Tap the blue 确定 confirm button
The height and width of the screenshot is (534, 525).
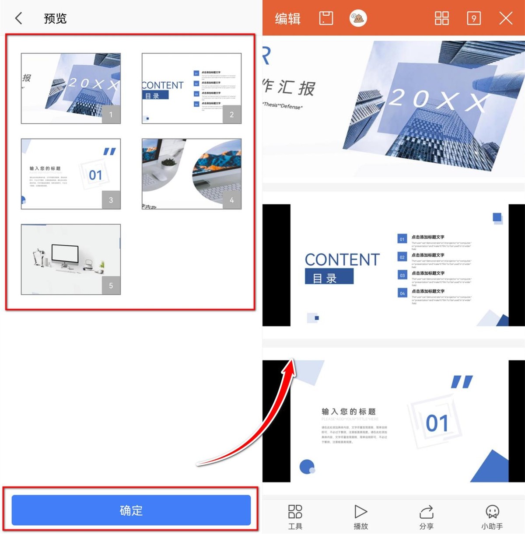click(131, 510)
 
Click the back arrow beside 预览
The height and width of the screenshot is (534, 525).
click(18, 18)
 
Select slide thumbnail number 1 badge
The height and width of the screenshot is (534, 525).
click(111, 115)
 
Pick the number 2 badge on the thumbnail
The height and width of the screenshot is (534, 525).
click(232, 115)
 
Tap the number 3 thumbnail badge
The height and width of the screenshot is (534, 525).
click(111, 200)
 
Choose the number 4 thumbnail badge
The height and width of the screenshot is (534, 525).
click(232, 200)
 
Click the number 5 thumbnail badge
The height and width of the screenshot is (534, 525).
click(111, 286)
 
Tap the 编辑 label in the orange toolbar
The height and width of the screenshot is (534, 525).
click(287, 18)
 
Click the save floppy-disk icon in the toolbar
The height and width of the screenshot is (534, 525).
click(326, 18)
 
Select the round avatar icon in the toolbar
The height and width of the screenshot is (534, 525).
click(358, 18)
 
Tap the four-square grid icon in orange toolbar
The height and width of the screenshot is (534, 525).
click(441, 18)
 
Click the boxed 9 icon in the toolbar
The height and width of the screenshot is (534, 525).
click(474, 18)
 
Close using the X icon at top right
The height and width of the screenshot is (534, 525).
click(506, 18)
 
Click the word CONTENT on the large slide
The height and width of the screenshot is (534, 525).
click(342, 260)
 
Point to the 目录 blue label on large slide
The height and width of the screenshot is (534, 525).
click(329, 277)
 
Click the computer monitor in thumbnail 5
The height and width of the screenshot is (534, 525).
click(65, 254)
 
